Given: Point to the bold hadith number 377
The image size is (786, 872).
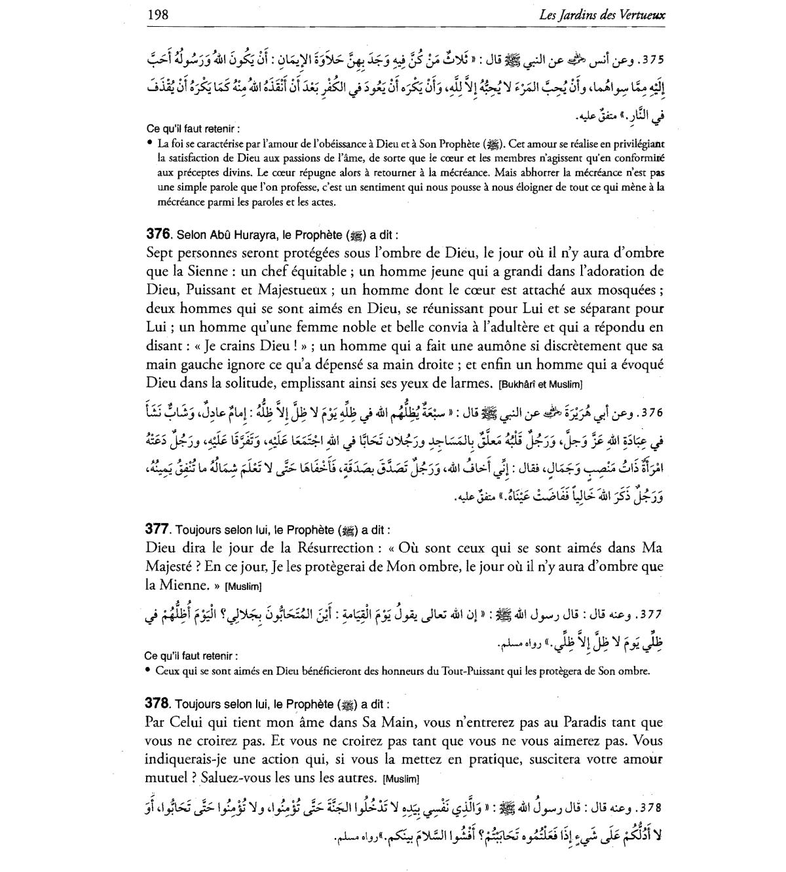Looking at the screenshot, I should coord(159,530).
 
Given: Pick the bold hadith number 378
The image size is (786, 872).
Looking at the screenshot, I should coord(159,704).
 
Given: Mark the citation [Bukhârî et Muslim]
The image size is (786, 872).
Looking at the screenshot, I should coord(540,384).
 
